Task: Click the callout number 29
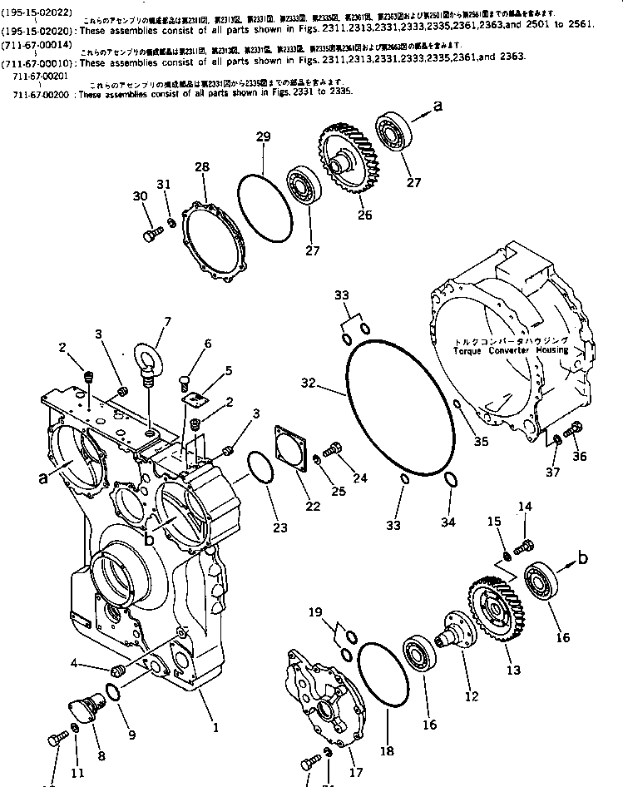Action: pyautogui.click(x=263, y=137)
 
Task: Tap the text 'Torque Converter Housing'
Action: pyautogui.click(x=511, y=350)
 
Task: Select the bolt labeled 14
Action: pyautogui.click(x=524, y=546)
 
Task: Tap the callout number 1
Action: pyautogui.click(x=215, y=728)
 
